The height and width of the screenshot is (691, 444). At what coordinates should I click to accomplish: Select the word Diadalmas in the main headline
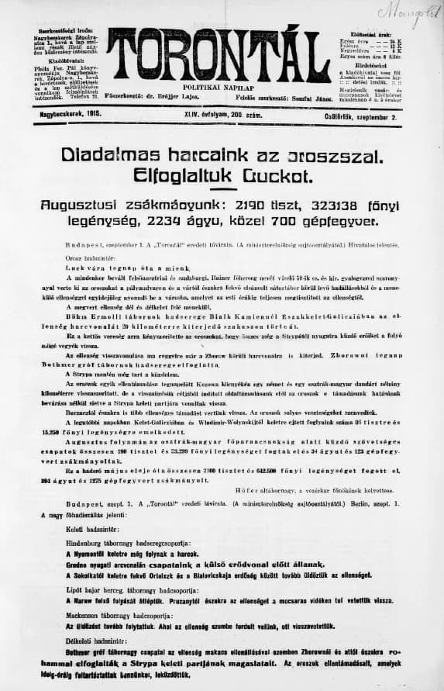tap(108, 155)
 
